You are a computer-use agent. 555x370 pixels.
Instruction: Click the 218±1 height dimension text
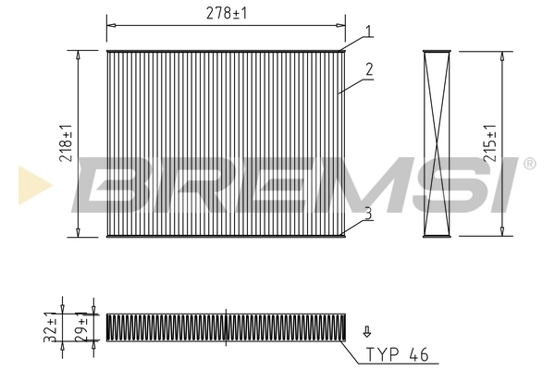pos(66,143)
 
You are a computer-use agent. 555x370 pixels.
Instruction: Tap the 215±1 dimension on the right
pos(490,143)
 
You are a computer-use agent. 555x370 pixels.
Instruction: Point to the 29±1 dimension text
pos(80,327)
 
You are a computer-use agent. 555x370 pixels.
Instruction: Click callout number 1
pos(368,31)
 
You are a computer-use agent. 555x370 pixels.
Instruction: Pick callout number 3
pos(368,213)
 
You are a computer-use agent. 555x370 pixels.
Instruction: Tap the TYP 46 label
pos(398,353)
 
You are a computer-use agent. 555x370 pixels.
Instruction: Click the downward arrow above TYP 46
pos(367,329)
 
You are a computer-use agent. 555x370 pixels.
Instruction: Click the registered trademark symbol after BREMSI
pos(529,164)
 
